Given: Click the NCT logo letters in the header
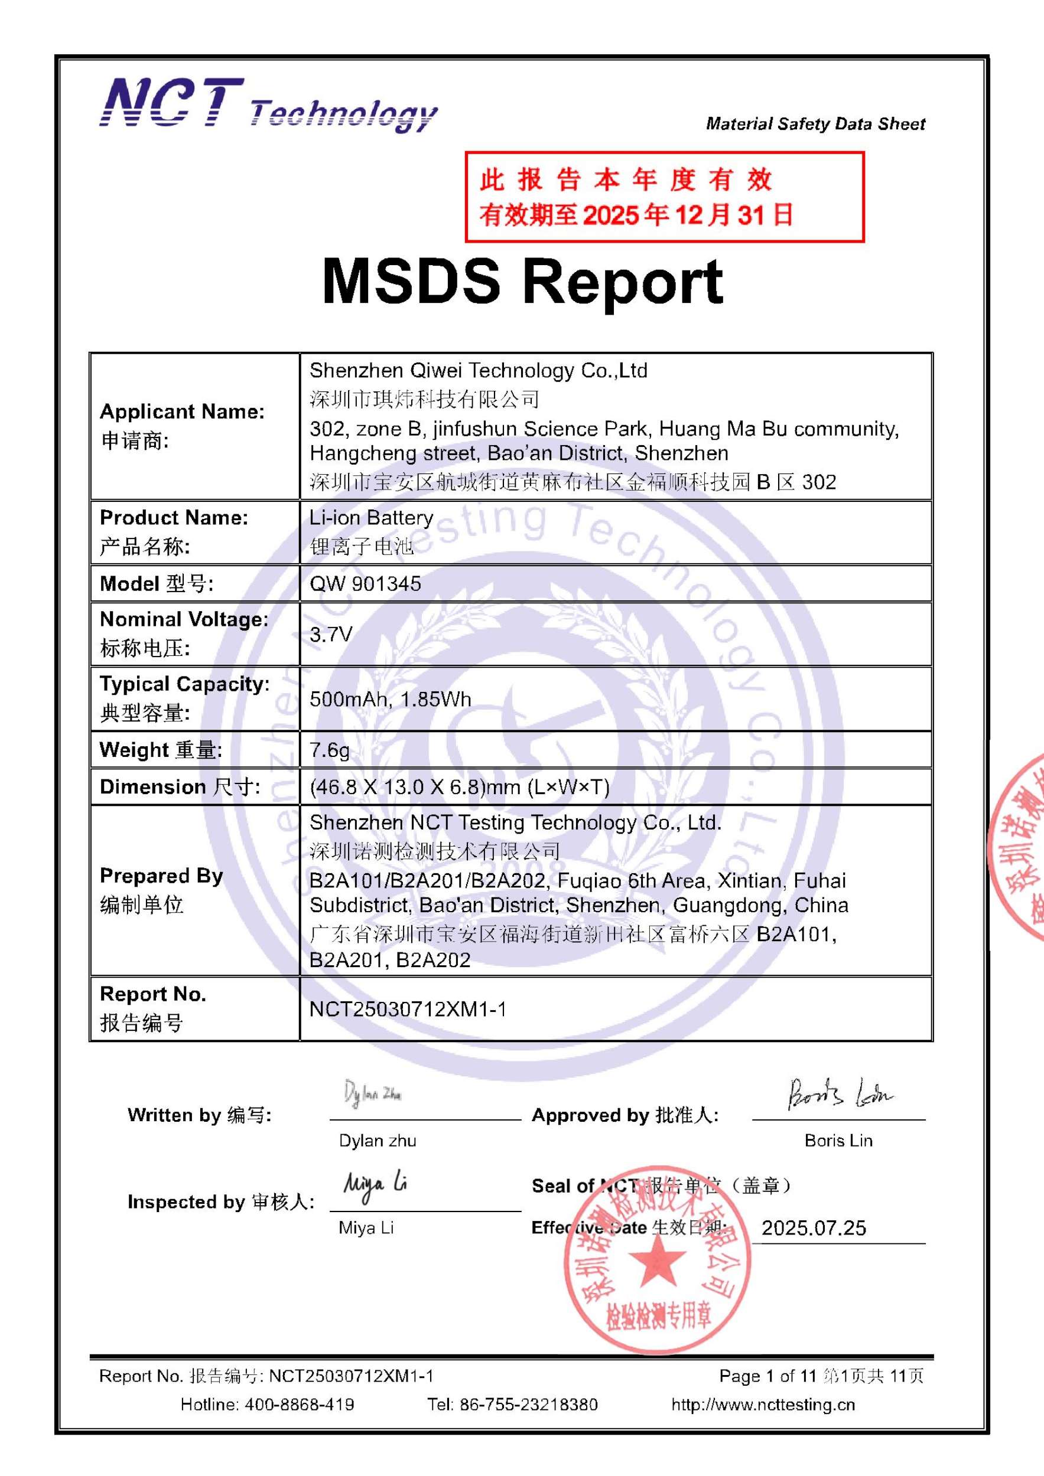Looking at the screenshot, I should pyautogui.click(x=173, y=103).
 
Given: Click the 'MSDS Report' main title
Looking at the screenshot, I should pyautogui.click(x=522, y=282).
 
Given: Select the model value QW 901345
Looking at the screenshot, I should pyautogui.click(x=365, y=584).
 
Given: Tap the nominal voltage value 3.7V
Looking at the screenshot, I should pyautogui.click(x=331, y=635).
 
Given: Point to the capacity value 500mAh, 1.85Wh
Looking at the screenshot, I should pyautogui.click(x=391, y=699).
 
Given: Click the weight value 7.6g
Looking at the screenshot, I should pyautogui.click(x=329, y=750).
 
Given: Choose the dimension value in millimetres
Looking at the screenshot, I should pyautogui.click(x=459, y=787).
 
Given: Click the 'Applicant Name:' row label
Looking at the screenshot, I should pyautogui.click(x=182, y=412).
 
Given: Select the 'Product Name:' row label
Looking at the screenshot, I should pyautogui.click(x=174, y=518).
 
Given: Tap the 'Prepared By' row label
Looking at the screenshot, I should pyautogui.click(x=161, y=876).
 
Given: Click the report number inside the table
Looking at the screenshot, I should pyautogui.click(x=408, y=1009).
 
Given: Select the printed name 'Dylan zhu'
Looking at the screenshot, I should pyautogui.click(x=378, y=1141).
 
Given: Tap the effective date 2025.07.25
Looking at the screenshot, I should pyautogui.click(x=814, y=1228).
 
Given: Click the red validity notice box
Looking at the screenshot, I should pyautogui.click(x=664, y=197).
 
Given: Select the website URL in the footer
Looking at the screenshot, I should pyautogui.click(x=763, y=1405).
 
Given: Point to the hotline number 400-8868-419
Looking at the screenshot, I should pyautogui.click(x=299, y=1405).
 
